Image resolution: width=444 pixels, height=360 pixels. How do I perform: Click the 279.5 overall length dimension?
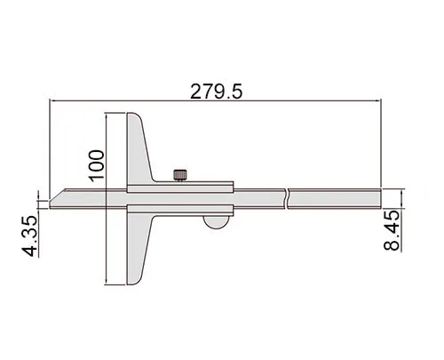point(216,92)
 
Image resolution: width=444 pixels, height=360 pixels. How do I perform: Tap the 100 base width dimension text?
point(97,165)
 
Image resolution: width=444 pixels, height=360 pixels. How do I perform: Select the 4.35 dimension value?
point(29,236)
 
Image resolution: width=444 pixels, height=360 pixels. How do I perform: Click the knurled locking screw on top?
point(180,175)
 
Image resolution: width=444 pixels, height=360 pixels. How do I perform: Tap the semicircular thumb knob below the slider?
point(216,222)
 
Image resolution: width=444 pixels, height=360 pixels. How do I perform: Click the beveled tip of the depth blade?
point(57,198)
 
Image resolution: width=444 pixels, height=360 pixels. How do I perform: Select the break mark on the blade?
point(287,198)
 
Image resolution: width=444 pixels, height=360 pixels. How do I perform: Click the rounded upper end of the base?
point(135,119)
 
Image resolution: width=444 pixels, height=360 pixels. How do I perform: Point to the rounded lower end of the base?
point(135,278)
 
